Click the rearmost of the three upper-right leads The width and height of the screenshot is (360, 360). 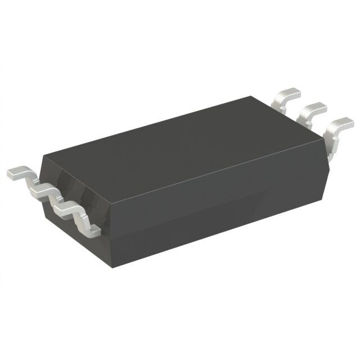286,96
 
